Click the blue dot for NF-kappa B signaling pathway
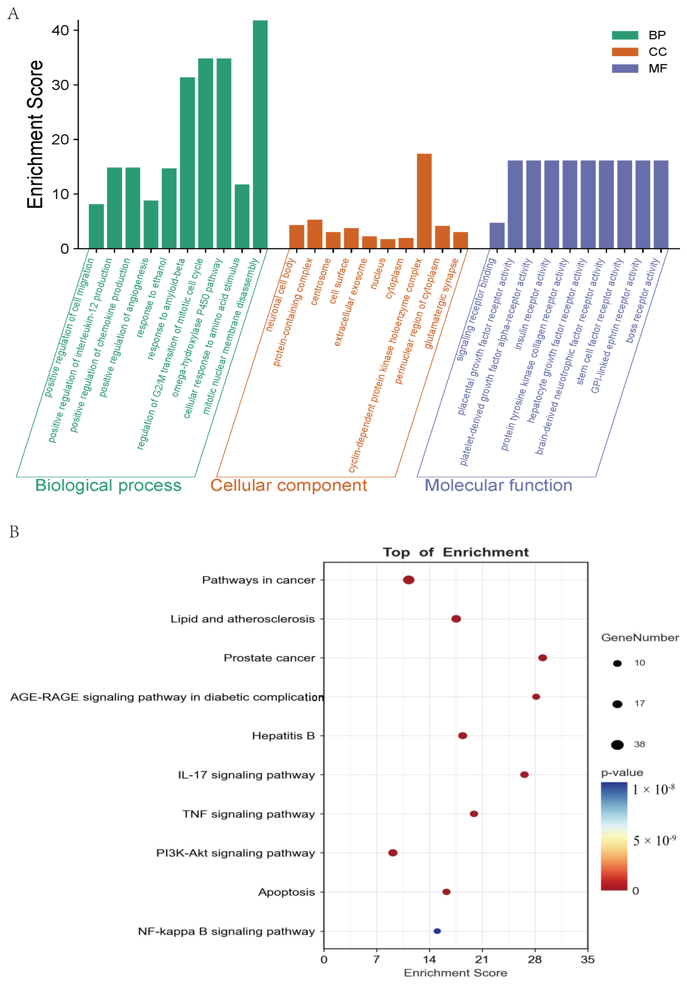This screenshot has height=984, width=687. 437,931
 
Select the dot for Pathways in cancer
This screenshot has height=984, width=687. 408,580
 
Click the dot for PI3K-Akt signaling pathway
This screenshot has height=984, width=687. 392,853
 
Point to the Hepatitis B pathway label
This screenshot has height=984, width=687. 283,736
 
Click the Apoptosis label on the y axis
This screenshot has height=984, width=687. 286,892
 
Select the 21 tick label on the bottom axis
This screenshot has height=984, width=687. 482,959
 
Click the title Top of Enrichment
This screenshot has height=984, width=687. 456,552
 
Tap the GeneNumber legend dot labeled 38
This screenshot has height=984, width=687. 617,745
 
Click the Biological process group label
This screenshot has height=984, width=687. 108,485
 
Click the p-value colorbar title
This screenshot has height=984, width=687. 622,772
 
